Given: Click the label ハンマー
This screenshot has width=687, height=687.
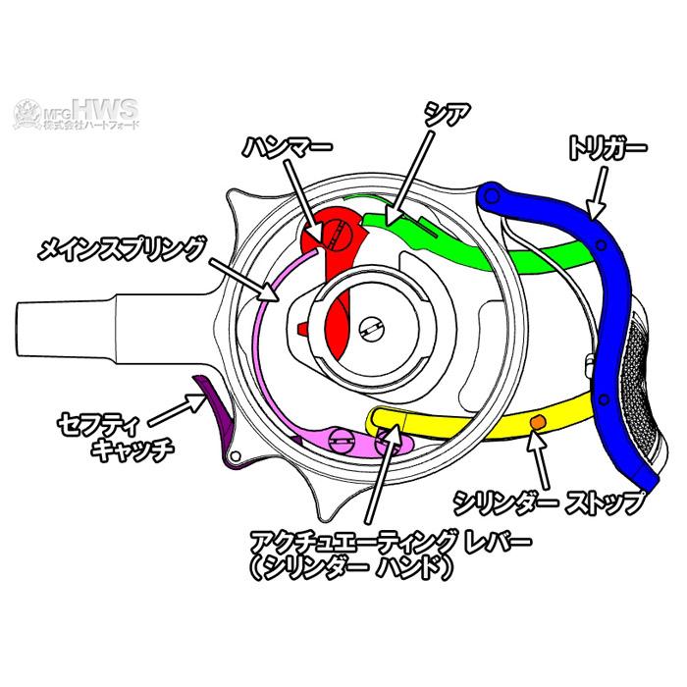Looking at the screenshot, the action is [x=288, y=147].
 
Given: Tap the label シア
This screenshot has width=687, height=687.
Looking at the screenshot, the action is [x=447, y=115].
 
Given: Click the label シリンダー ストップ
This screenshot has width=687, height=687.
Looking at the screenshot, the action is [x=550, y=502].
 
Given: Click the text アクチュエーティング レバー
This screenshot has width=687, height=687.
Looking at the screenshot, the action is [x=391, y=542].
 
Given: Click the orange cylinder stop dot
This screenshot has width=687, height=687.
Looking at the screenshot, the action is [x=538, y=422].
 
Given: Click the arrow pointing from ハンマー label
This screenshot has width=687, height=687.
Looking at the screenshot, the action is [x=304, y=200].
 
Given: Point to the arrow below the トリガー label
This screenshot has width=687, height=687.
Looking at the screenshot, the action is [x=599, y=192].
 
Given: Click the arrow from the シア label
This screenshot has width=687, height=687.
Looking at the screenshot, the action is [x=408, y=179].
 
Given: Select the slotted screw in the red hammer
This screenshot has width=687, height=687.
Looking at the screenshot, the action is [x=338, y=235].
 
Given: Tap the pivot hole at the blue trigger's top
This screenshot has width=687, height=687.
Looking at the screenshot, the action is [x=492, y=195].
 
